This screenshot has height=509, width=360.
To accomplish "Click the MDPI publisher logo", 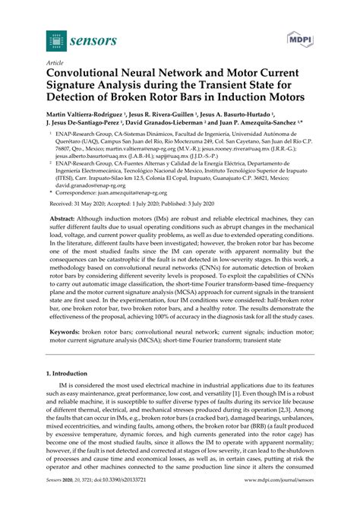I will click(304, 36).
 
